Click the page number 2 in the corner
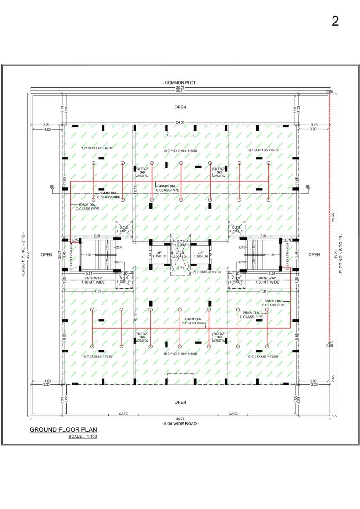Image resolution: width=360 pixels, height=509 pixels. [335, 21]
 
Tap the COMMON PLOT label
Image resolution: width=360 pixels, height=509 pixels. [180, 83]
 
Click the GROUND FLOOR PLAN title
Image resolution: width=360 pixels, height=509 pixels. [63, 429]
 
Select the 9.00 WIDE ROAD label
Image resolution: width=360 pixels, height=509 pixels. [180, 423]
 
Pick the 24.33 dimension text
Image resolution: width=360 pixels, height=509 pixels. [180, 122]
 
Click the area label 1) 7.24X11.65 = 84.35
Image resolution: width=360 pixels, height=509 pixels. [97, 148]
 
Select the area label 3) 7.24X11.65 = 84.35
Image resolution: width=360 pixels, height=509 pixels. [263, 150]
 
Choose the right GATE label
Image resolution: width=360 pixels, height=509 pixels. [233, 414]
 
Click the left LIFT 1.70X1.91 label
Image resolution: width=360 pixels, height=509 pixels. [159, 255]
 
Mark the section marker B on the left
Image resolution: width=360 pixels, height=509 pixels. [52, 186]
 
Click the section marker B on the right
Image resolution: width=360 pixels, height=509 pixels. [309, 186]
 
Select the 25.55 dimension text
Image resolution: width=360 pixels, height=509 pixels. [333, 217]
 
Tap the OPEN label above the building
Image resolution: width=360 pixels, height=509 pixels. [180, 107]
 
